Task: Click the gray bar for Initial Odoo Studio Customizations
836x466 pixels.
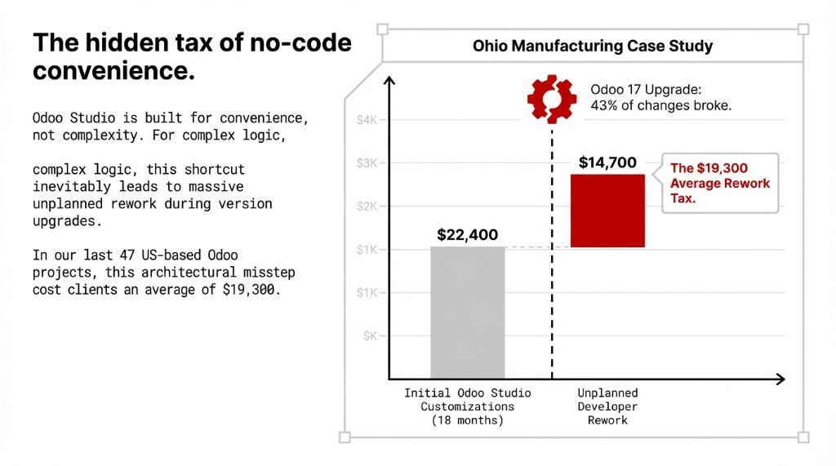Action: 467,313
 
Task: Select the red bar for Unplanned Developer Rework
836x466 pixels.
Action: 607,211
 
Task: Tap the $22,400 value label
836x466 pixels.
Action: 467,235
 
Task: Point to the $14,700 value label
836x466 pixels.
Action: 607,162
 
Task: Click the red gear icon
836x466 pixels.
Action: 552,98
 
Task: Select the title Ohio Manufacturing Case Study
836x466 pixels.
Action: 592,47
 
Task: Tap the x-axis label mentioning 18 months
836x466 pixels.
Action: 467,420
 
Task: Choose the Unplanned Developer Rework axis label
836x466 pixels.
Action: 607,406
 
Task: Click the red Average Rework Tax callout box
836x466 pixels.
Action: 719,183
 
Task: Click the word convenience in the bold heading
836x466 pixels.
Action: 113,71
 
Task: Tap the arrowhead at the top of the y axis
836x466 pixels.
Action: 389,81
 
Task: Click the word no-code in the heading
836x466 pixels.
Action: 300,43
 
